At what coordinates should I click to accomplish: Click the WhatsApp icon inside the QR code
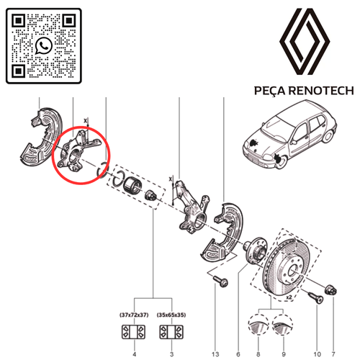tap(44, 45)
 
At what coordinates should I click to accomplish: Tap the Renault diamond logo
tap(305, 42)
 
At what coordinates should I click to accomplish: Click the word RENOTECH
tap(321, 91)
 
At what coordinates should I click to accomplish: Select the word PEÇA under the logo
tap(270, 91)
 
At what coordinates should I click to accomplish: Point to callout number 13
tap(215, 354)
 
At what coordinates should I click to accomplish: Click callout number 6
tap(238, 354)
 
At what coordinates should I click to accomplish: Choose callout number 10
tap(317, 354)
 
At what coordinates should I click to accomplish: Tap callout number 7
tap(333, 354)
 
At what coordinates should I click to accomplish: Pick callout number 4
tap(135, 354)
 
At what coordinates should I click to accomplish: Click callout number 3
tap(171, 354)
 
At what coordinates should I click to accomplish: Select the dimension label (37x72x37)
tap(134, 315)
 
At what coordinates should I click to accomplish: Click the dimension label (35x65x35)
tap(171, 315)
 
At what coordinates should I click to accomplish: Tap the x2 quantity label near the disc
tap(289, 297)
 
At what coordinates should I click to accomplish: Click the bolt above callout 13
tap(220, 281)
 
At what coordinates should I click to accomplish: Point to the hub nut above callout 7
tap(330, 289)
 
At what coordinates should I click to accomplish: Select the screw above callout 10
tap(315, 297)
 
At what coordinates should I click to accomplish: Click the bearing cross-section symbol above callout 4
tap(134, 332)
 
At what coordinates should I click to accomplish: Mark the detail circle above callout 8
tap(258, 325)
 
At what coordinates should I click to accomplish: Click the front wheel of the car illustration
tap(280, 160)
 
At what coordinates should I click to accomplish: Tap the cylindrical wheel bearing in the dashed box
tap(132, 185)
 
